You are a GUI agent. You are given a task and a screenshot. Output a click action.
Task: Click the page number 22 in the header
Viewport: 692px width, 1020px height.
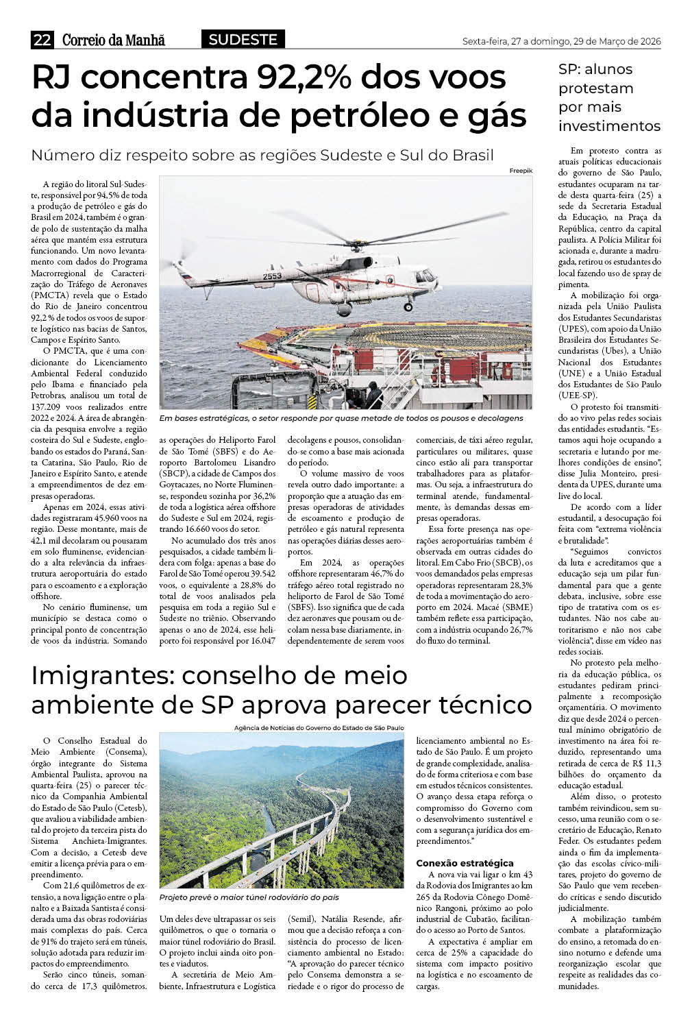42,40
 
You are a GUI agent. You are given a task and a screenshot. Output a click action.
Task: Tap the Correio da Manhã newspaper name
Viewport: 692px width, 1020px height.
114,40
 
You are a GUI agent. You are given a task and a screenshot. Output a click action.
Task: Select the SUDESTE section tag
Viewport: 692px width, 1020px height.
243,40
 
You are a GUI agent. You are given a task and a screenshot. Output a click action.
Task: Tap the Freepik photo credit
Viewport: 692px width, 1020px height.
520,171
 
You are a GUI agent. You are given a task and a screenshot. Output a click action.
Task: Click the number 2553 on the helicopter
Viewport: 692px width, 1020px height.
271,276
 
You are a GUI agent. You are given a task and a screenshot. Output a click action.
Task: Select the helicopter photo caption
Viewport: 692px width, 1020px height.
341,418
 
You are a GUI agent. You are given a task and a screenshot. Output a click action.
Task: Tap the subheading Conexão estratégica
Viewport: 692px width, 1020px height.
465,863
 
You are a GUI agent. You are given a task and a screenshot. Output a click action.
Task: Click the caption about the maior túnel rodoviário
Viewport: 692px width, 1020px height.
249,897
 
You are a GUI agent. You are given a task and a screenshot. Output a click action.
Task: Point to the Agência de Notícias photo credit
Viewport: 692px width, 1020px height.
319,728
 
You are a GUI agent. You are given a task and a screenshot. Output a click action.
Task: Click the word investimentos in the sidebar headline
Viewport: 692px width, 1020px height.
609,126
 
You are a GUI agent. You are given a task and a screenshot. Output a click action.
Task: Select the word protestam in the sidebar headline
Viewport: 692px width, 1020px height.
595,88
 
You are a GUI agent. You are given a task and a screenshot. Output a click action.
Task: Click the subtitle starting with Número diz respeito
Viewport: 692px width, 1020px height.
262,155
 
